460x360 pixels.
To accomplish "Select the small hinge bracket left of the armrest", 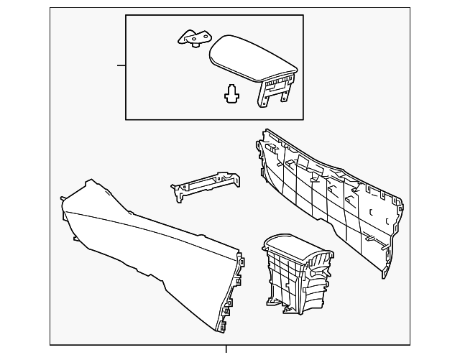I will pos(193,38).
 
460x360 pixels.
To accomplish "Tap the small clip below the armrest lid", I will pos(231,94).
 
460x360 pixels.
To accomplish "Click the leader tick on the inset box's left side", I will pos(121,65).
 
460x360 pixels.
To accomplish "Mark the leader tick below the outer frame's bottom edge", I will pos(226,350).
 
